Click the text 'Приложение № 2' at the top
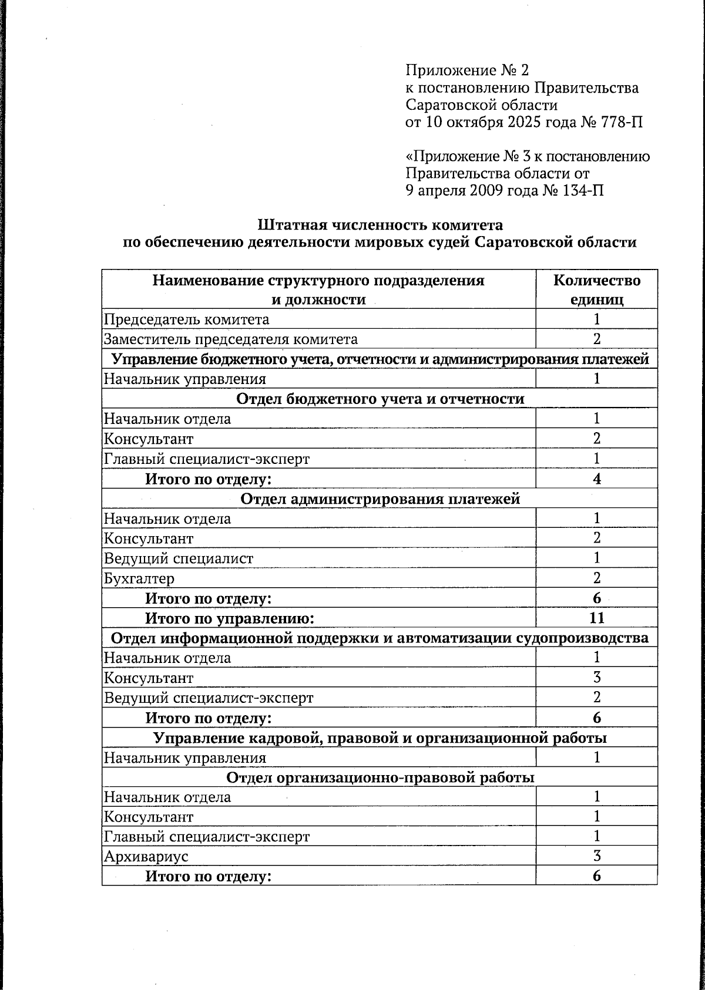(467, 71)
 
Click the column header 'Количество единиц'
(596, 289)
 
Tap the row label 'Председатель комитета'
(187, 319)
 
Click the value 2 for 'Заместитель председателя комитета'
(596, 339)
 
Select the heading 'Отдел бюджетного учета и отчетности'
(380, 399)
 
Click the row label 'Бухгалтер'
(139, 578)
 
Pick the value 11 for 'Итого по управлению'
(596, 618)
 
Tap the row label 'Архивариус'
(146, 856)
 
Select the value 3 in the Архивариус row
(596, 856)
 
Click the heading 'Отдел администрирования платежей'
(380, 499)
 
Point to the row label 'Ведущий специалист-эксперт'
(209, 698)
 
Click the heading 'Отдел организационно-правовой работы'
(380, 777)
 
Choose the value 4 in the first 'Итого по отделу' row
(596, 479)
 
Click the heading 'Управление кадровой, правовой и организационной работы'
(380, 738)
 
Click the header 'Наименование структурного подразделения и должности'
(318, 289)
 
